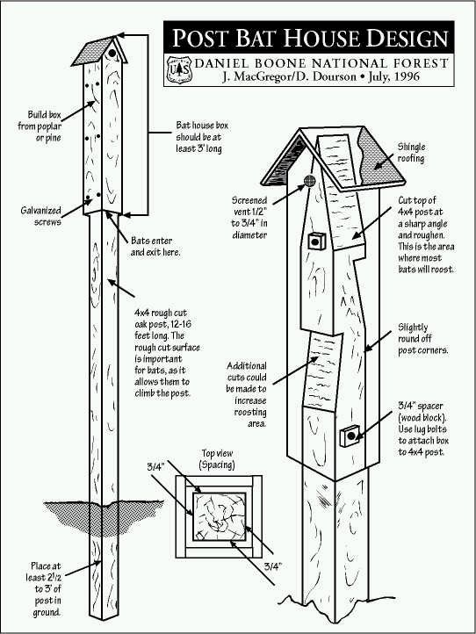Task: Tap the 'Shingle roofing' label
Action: (411, 152)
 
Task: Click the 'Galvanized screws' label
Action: (41, 217)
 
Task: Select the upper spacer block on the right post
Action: (316, 240)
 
